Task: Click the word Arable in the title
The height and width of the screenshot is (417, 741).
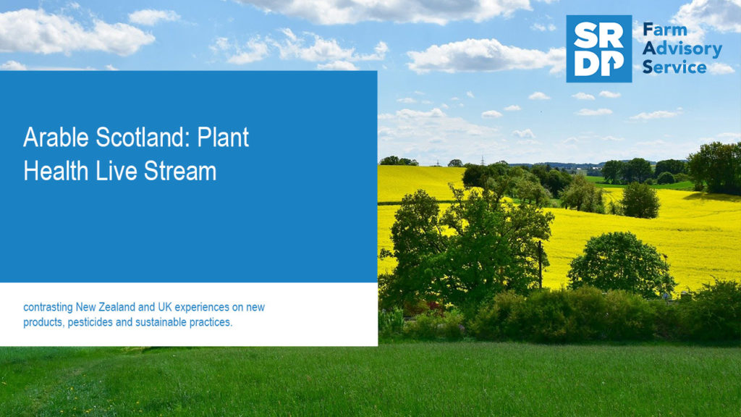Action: [x=56, y=137]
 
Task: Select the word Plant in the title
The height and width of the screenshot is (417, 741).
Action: [x=223, y=138]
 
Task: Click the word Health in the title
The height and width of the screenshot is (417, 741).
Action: [x=56, y=171]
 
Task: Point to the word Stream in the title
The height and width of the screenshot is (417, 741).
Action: [x=180, y=171]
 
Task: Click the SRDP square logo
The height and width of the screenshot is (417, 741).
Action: [x=598, y=49]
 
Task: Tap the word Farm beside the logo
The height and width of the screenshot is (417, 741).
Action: [x=665, y=30]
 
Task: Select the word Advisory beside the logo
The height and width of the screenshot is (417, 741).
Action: [x=682, y=49]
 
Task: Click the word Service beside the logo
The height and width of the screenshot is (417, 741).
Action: [x=674, y=67]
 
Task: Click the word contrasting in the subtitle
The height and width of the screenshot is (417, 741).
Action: [x=48, y=308]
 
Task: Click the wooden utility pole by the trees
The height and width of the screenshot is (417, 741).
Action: [x=540, y=264]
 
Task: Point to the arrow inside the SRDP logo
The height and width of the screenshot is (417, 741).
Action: [x=612, y=66]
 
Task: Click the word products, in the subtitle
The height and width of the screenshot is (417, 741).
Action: [x=44, y=323]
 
